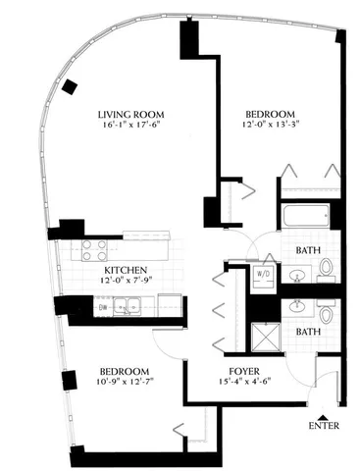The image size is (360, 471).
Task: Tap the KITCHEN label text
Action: [x=127, y=270]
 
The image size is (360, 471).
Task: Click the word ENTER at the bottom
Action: [x=323, y=427]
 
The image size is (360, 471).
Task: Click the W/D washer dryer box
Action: [x=264, y=275]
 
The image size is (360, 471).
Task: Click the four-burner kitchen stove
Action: [x=94, y=249]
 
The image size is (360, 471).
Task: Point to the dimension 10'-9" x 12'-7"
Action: [x=124, y=384]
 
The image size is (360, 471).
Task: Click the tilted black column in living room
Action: [x=70, y=86]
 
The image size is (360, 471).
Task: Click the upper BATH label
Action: [x=308, y=250]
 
